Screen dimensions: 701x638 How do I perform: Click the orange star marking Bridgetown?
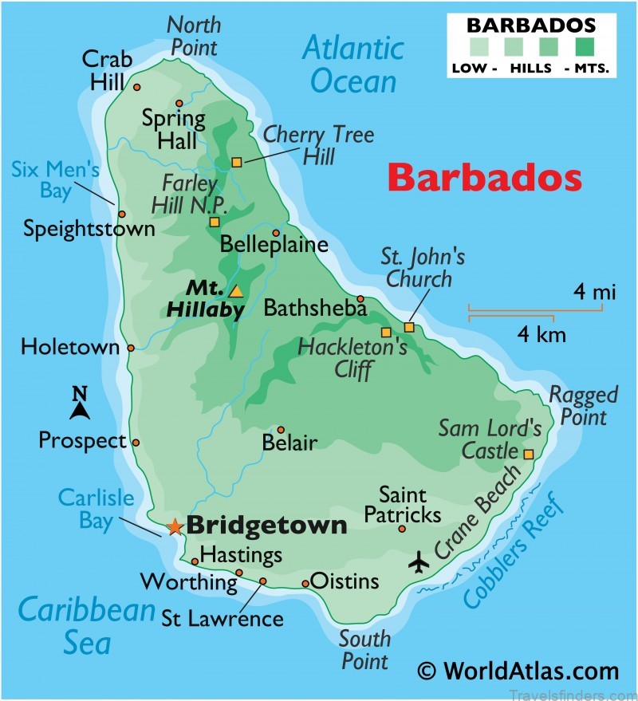tap(175, 527)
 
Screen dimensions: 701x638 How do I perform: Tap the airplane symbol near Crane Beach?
tap(419, 561)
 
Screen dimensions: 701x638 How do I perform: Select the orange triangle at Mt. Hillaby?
tap(235, 291)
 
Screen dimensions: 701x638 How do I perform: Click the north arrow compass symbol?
tap(79, 404)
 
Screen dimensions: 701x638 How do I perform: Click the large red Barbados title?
tap(484, 178)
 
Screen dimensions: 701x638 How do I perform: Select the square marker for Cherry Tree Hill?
tap(236, 163)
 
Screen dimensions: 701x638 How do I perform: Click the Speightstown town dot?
tap(122, 214)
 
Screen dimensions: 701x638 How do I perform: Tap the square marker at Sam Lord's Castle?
tap(528, 454)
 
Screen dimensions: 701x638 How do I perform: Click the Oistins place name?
tap(345, 581)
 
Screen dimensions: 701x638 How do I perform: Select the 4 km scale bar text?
tap(542, 333)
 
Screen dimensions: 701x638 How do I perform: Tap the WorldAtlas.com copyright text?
tap(519, 671)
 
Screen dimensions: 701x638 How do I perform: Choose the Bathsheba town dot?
tap(360, 299)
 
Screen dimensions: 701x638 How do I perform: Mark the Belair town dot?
tap(280, 429)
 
